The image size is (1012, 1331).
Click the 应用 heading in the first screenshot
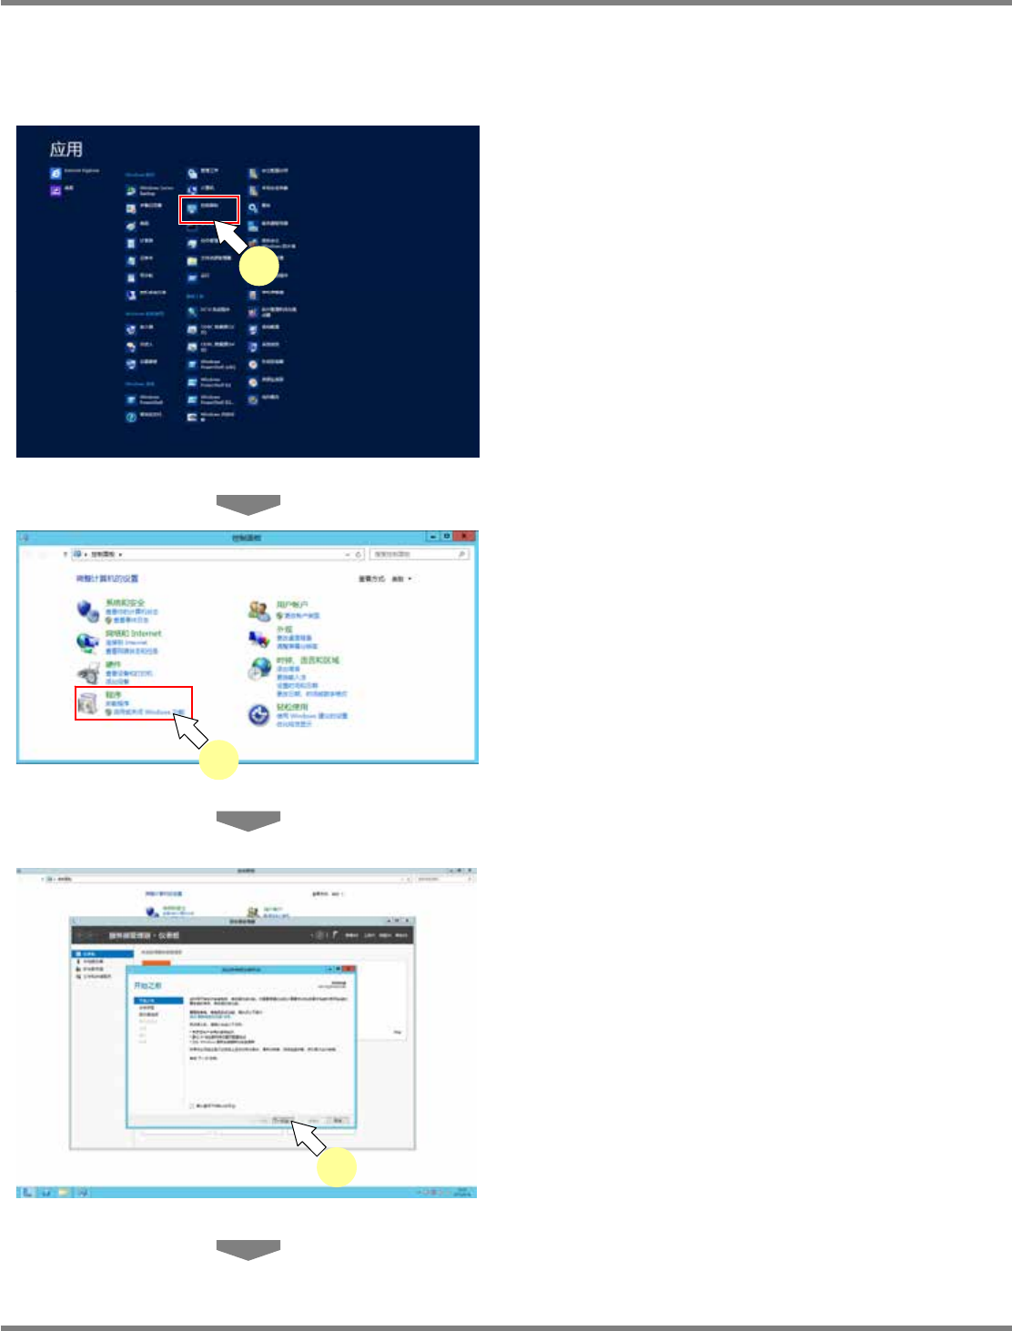click(x=66, y=149)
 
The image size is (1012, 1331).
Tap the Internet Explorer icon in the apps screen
click(x=56, y=172)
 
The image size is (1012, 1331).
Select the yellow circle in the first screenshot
click(x=258, y=266)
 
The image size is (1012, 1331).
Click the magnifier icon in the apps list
click(x=253, y=207)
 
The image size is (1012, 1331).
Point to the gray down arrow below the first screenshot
click(x=248, y=505)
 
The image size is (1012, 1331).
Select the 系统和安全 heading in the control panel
click(x=125, y=602)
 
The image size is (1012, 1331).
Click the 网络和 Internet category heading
click(x=133, y=633)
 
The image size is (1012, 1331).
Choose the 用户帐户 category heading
click(x=293, y=604)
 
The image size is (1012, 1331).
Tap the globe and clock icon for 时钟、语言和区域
click(x=259, y=670)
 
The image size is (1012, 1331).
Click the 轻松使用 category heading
click(x=293, y=707)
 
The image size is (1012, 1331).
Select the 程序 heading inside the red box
click(x=112, y=694)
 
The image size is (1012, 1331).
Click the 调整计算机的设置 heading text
click(x=107, y=579)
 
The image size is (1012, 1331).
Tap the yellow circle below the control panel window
click(x=219, y=760)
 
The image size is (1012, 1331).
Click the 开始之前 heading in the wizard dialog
click(x=147, y=985)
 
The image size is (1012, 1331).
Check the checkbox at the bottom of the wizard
click(x=191, y=1105)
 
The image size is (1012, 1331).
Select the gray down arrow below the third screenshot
click(x=248, y=1249)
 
